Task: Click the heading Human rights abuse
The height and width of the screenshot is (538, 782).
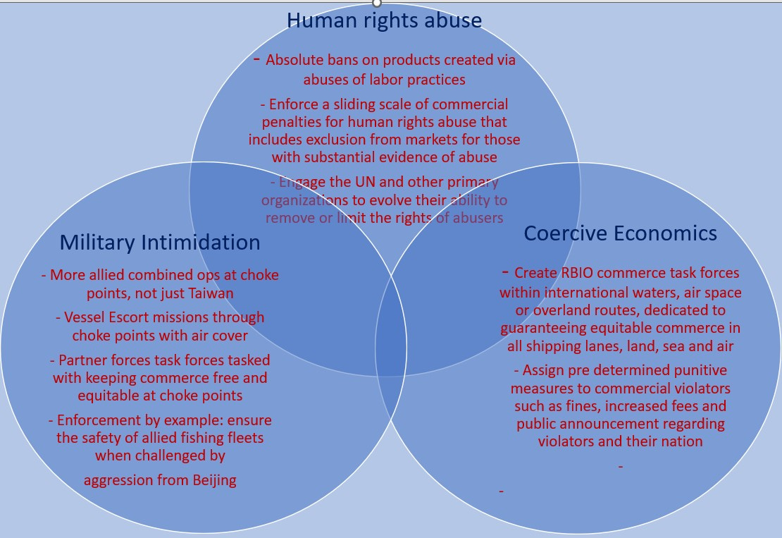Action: click(x=384, y=20)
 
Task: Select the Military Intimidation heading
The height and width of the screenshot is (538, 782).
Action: click(x=160, y=243)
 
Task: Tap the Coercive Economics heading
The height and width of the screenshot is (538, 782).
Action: click(x=620, y=233)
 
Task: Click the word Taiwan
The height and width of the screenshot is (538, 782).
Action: click(x=212, y=293)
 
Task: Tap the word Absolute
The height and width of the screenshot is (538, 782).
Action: click(x=294, y=60)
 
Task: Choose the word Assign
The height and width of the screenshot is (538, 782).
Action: click(x=544, y=370)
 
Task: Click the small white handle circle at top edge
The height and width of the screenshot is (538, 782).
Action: click(x=377, y=3)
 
